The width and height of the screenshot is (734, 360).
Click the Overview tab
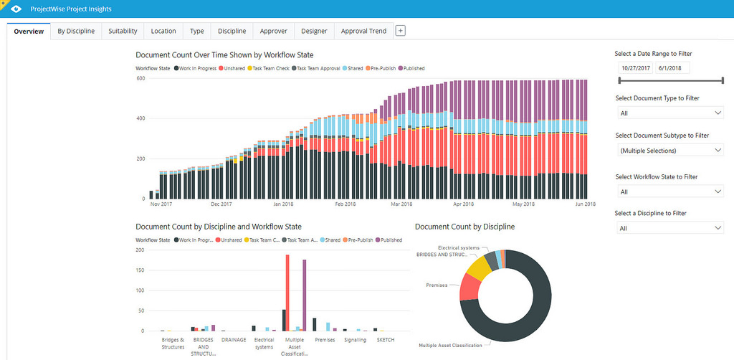click(x=29, y=31)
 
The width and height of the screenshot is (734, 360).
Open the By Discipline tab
click(x=76, y=31)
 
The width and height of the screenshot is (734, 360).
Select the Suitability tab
click(x=123, y=31)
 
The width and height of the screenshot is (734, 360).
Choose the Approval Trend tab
click(x=363, y=31)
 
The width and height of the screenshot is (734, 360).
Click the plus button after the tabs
click(x=401, y=31)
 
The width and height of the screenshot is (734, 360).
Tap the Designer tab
click(x=315, y=31)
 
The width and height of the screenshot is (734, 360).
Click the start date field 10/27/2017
click(x=635, y=67)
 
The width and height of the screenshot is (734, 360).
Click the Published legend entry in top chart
click(x=411, y=69)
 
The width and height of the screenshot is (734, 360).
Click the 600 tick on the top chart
click(x=140, y=77)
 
